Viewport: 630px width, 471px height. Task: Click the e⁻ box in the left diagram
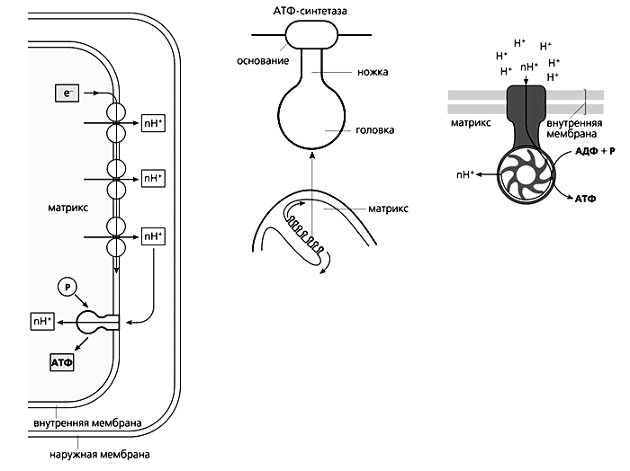67,92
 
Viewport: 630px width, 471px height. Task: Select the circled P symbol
68,287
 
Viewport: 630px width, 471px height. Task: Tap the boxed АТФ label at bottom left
62,362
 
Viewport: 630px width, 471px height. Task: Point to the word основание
263,60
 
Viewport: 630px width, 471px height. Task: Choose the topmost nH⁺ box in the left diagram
152,121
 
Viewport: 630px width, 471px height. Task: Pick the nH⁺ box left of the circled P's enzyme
43,319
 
